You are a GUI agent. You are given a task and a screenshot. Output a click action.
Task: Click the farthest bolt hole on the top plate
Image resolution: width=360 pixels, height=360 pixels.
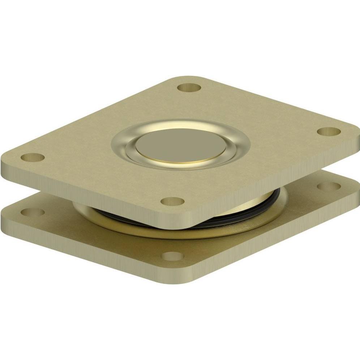coord(189,87)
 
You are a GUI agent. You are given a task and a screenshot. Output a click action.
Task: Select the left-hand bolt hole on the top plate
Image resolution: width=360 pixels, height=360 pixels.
coord(33,157)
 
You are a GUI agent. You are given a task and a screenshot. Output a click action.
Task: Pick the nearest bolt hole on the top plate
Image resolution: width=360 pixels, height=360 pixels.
coord(172,201)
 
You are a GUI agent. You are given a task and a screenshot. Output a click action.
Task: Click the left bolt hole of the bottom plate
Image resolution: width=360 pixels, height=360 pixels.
coord(33,212)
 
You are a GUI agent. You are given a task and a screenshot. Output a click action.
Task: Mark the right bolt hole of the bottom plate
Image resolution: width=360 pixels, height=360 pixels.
coord(329,186)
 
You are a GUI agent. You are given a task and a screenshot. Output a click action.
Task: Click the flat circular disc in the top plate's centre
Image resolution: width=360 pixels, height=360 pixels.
coord(181,145)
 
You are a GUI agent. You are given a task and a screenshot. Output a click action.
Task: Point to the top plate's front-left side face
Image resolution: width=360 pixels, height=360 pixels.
coord(90,195)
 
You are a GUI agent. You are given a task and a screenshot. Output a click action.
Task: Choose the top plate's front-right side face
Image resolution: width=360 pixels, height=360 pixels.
coord(275,188)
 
